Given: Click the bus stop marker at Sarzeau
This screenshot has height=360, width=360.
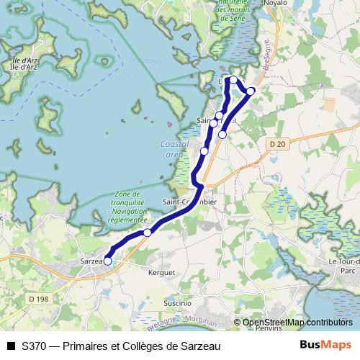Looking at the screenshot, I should [107, 261].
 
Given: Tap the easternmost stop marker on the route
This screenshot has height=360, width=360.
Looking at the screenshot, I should [251, 91].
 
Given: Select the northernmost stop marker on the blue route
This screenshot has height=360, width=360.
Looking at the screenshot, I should [233, 79].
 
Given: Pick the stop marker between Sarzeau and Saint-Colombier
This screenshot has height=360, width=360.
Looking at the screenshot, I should [148, 232].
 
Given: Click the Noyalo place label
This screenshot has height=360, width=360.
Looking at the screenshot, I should [276, 3].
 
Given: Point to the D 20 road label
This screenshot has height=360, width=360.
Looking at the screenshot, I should [277, 144].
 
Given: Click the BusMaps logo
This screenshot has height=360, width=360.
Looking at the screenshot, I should [325, 345].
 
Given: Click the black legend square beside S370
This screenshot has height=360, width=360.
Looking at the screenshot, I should [11, 346].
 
